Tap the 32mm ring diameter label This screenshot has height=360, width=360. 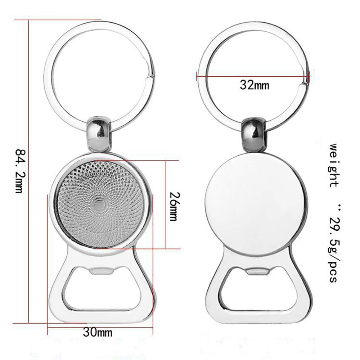click(255, 85)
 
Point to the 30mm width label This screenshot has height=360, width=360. click(98, 332)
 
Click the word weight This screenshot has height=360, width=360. click(334, 165)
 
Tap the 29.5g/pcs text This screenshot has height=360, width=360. click(335, 249)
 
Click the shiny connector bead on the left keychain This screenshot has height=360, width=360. click(99, 134)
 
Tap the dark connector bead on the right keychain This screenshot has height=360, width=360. click(253, 135)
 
